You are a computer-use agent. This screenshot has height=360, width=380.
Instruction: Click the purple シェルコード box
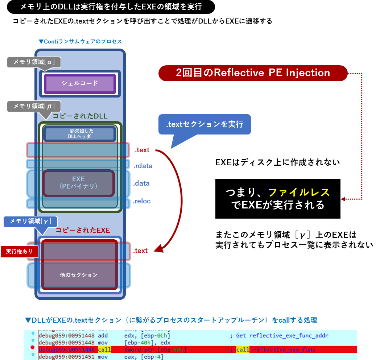[80, 83]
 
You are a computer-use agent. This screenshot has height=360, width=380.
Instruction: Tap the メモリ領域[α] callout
[34, 62]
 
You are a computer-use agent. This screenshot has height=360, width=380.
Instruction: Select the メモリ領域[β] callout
[34, 106]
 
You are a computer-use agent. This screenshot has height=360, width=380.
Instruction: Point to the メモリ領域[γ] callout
[30, 221]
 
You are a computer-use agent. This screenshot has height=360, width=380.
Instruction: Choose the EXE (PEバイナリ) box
[78, 183]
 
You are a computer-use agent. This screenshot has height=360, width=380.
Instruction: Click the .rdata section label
[142, 166]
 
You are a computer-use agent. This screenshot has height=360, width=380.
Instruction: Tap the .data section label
[141, 183]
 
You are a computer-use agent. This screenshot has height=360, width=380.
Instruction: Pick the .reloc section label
[142, 201]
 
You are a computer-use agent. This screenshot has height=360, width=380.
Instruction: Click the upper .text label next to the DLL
[142, 150]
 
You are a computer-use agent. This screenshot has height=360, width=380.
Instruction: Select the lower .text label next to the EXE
[140, 251]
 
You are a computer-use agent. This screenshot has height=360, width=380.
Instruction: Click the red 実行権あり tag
[19, 251]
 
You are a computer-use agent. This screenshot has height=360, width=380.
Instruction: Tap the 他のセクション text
[79, 275]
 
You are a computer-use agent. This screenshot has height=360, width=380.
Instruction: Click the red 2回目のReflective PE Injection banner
[253, 73]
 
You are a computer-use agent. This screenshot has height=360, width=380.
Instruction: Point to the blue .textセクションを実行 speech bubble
[205, 124]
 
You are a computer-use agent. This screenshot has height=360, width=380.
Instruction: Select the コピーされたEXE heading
[83, 230]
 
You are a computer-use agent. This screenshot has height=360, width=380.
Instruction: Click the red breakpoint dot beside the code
[32, 349]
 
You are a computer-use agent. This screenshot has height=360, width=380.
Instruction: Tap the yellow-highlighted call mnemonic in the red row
[104, 349]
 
